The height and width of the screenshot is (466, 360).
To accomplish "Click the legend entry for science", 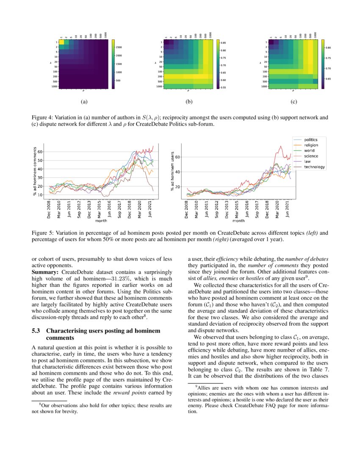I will [311, 156].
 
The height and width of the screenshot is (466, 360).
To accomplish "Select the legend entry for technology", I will [315, 167].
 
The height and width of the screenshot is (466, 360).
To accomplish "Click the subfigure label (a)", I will [83, 102].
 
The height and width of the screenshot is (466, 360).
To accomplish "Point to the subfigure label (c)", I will [294, 102].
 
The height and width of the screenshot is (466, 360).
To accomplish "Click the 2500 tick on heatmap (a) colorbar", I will [119, 47].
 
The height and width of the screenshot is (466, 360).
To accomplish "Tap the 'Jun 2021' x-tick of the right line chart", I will [288, 209].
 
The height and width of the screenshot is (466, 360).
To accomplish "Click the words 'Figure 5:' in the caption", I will [44, 233].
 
